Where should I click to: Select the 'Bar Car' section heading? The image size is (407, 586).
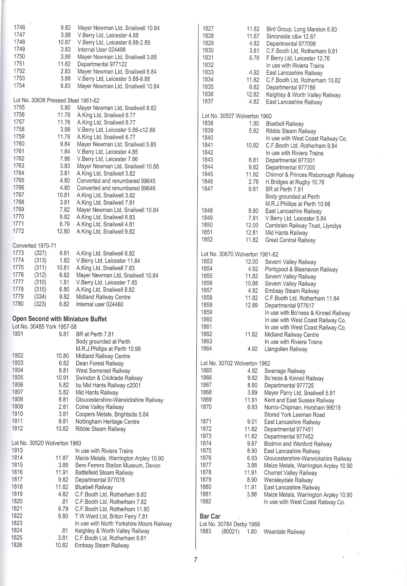(210, 516)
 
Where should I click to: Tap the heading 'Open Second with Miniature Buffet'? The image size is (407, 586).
(59, 319)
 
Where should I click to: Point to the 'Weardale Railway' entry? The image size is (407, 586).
(284, 532)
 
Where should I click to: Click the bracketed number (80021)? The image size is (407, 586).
(230, 532)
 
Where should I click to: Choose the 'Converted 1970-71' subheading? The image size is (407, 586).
(34, 246)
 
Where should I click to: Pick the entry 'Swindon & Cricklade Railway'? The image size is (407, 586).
(109, 378)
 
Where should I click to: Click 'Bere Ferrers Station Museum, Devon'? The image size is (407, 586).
(118, 465)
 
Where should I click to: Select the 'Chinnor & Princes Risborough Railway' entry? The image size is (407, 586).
(310, 175)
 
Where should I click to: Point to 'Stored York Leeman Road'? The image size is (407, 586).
(294, 415)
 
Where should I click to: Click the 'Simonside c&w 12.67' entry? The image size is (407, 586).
(291, 36)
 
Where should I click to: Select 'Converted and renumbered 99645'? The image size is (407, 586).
(116, 181)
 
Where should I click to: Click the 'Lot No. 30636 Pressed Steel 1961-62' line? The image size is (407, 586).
(56, 100)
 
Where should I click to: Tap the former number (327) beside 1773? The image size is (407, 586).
(40, 253)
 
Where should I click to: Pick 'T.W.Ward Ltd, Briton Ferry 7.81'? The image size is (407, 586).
(112, 516)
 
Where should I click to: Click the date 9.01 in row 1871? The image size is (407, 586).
(252, 422)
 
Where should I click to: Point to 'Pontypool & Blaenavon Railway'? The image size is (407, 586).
(301, 269)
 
